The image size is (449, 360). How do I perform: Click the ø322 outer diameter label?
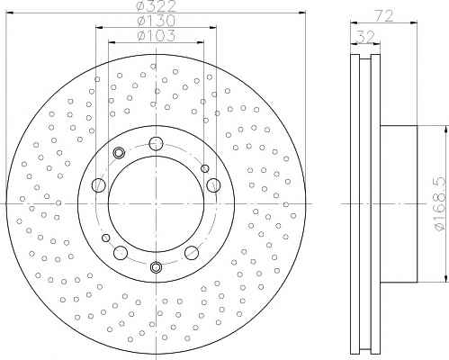156,5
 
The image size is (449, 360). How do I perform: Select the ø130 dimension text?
156,21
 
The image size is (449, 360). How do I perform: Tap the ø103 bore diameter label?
156,36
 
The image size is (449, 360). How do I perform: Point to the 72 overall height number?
384,15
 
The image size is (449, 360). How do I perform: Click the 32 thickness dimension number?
364,37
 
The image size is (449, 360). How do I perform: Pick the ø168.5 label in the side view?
441,204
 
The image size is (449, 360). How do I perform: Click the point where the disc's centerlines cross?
156,204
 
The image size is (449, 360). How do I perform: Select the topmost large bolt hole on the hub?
156,143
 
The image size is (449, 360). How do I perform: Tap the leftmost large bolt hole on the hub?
98,184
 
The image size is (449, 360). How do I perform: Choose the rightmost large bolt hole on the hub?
213,184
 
